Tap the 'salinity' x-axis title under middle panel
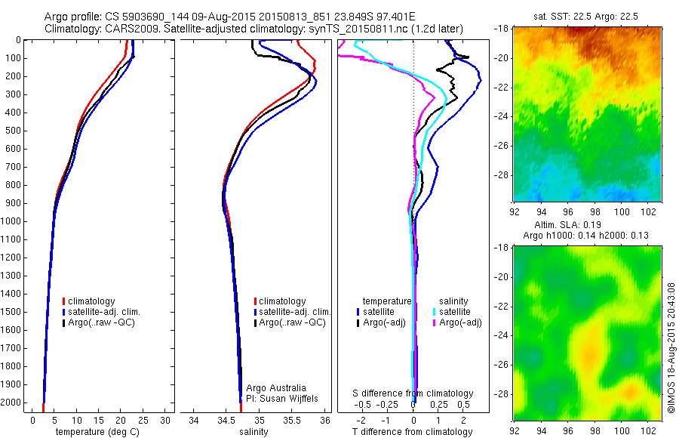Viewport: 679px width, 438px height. pos(255,432)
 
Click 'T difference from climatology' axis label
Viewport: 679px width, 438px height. pos(412,432)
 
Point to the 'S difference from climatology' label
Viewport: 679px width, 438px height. pos(413,393)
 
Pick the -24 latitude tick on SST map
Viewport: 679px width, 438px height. pos(502,116)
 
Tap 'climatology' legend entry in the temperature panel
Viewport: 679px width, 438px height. pos(91,301)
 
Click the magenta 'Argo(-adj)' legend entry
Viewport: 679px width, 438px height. pos(459,322)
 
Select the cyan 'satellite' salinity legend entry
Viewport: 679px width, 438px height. pos(455,311)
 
